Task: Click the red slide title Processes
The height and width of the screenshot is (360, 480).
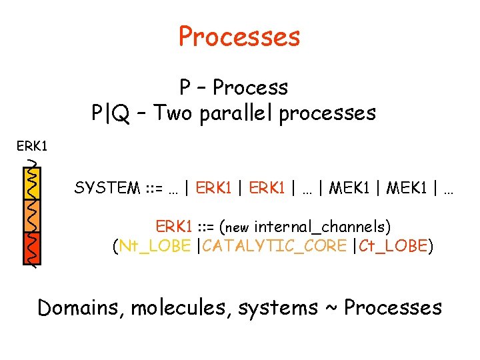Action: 239,36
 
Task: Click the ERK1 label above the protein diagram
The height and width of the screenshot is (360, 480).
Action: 31,145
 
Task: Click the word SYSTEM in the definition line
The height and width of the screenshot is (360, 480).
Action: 106,189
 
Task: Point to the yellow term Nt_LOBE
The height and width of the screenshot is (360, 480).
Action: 153,247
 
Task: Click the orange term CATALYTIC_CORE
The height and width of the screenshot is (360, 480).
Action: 275,247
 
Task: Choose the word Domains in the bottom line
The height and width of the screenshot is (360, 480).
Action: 81,307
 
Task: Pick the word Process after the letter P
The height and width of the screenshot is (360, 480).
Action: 251,87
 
